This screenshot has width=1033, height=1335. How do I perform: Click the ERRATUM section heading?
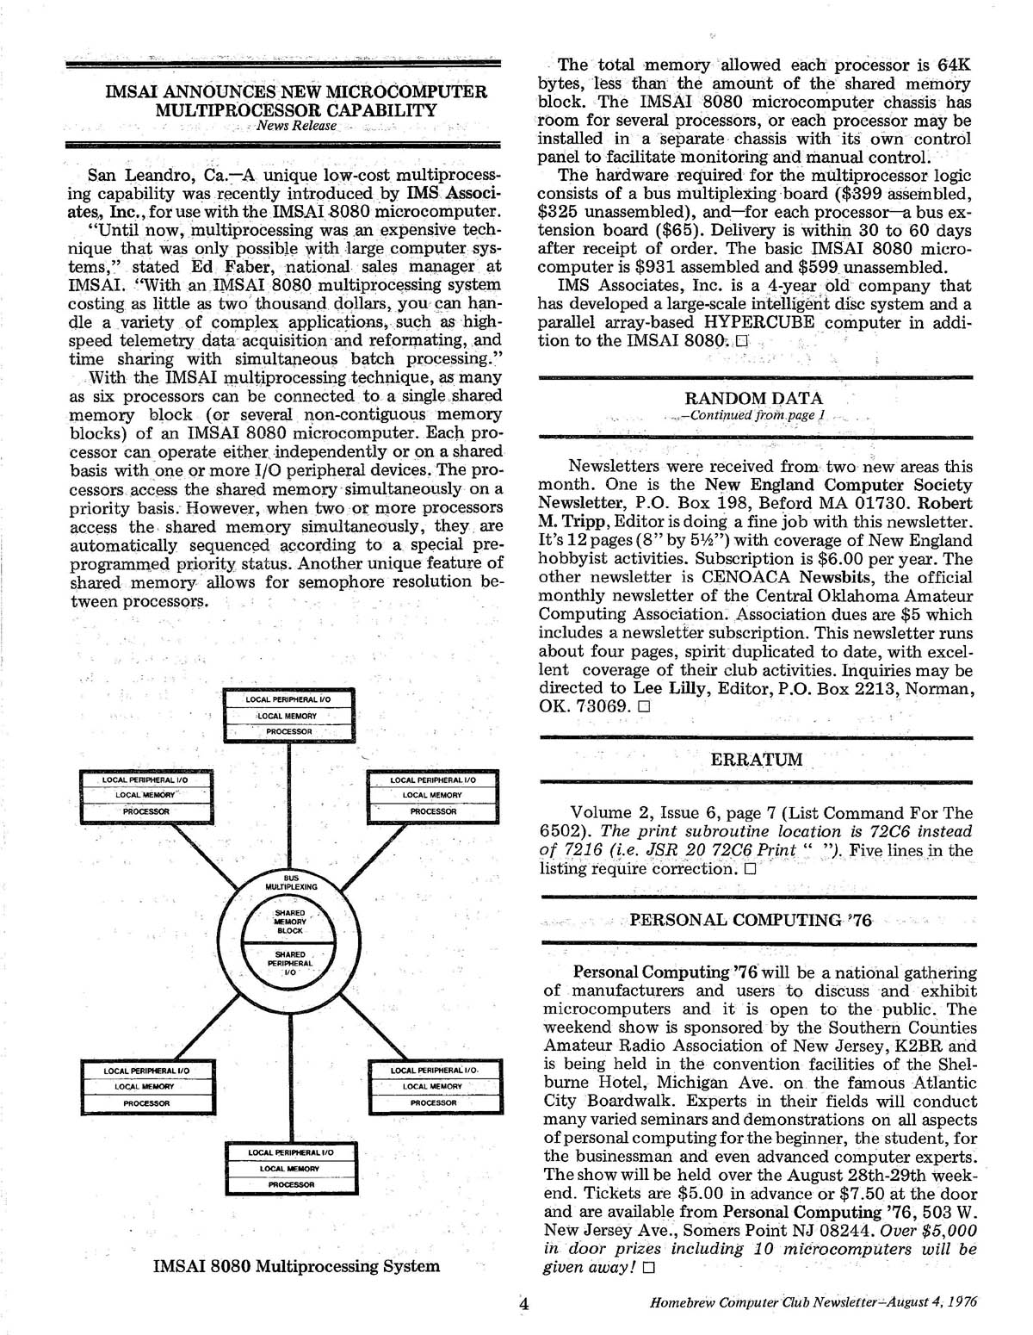[756, 760]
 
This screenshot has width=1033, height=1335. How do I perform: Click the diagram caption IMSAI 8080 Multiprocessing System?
[296, 1265]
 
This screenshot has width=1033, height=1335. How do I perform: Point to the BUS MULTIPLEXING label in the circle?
[291, 881]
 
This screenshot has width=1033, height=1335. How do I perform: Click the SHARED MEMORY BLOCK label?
[290, 921]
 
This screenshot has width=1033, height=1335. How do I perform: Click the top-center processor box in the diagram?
[288, 716]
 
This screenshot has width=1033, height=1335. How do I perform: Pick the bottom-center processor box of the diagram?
[291, 1169]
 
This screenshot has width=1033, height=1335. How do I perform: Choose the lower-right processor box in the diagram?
[433, 1086]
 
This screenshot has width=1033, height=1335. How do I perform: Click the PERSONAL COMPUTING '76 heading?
[751, 920]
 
